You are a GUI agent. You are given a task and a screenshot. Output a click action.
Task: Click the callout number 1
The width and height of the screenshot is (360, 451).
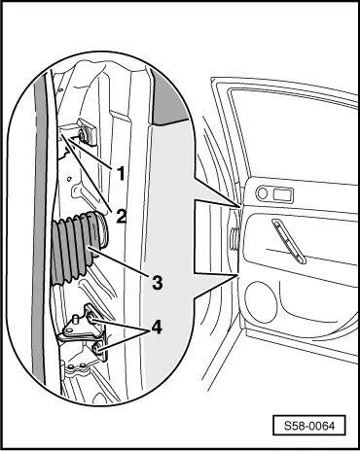pos(121,174)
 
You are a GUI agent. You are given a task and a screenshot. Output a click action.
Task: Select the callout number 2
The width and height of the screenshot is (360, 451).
pos(121,216)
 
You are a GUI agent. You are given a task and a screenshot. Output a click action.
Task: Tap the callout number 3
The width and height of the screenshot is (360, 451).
pos(158,283)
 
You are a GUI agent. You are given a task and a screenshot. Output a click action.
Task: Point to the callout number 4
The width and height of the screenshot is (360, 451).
pos(156,328)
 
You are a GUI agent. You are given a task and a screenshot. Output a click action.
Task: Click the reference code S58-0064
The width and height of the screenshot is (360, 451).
pos(309,425)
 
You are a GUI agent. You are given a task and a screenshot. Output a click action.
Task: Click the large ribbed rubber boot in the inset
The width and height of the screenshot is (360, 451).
pos(80,247)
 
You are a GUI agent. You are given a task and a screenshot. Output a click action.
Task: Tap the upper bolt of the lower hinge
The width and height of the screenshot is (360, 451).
pos(91,318)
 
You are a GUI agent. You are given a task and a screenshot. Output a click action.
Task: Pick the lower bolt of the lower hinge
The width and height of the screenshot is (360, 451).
pos(97,350)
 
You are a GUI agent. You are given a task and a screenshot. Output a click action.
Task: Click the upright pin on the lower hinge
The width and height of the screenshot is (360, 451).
pos(75,321)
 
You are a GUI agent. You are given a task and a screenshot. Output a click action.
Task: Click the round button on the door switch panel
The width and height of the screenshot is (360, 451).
pos(262,193)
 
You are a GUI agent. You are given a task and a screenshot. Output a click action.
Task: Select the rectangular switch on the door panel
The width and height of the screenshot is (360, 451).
pos(283,195)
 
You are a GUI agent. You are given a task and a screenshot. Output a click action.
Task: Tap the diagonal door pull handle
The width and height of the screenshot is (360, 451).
pos(289,241)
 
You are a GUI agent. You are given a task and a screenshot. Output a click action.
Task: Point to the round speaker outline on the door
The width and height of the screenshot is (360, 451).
pos(261,302)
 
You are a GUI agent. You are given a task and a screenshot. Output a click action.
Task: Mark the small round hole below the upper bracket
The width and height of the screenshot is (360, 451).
pos(69,179)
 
